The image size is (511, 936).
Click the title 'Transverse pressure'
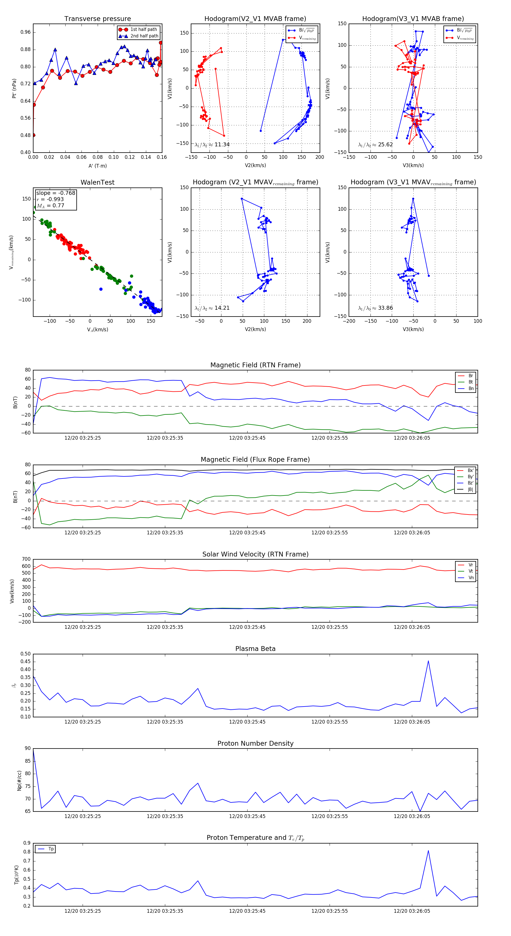click(x=97, y=19)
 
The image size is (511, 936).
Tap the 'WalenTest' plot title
click(x=97, y=182)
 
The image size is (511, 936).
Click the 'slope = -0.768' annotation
click(x=56, y=193)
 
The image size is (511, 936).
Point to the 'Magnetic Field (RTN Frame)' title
click(x=255, y=365)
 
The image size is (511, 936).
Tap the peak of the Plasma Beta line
click(x=428, y=661)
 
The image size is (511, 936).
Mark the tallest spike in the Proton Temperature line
click(x=428, y=851)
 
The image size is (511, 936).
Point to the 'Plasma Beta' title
click(x=255, y=649)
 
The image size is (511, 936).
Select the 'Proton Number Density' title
click(x=255, y=743)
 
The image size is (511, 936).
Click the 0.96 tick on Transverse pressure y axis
click(x=26, y=32)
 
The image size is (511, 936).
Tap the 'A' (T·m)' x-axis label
click(x=97, y=166)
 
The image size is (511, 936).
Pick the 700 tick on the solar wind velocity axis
click(x=26, y=559)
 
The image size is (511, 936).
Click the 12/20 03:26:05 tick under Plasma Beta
click(x=412, y=722)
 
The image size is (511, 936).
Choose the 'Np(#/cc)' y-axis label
click(x=19, y=781)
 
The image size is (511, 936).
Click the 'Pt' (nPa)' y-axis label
click(x=14, y=88)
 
